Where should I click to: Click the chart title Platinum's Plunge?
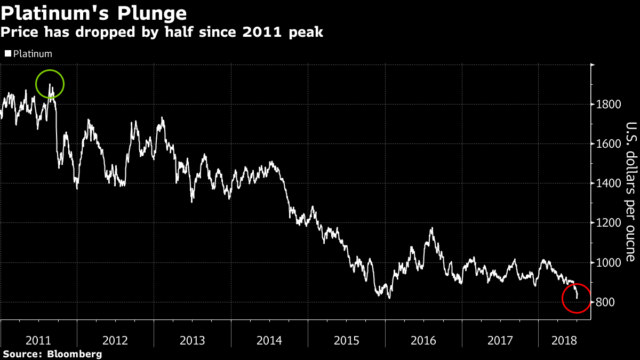point(94,12)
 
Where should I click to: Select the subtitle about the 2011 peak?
point(162,33)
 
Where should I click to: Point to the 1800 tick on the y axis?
point(608,105)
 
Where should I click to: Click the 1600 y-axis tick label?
point(608,144)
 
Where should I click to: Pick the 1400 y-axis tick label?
point(608,183)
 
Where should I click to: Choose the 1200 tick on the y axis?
point(608,223)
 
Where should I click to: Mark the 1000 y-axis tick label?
point(608,263)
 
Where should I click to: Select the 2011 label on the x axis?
point(38,340)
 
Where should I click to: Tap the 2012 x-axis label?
point(115,340)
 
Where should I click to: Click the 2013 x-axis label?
point(192,340)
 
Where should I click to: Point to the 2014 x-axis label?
point(269,340)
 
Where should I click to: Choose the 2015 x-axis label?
point(346,340)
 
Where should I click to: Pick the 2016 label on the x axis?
point(423,340)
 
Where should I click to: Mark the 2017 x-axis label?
point(500,340)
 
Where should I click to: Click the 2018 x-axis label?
point(564,340)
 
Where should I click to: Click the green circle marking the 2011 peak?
point(50,84)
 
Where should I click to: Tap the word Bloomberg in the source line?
point(75,354)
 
